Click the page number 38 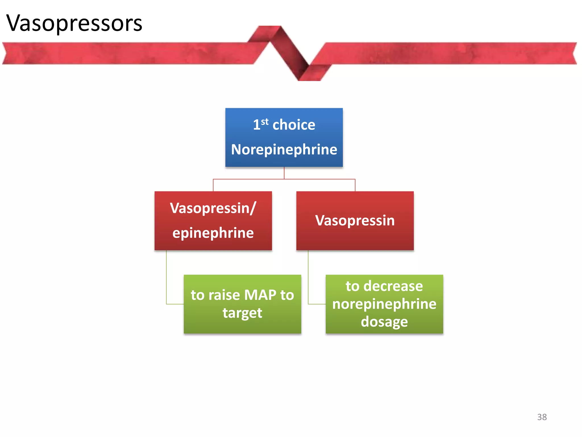pos(542,417)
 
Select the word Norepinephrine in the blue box pos(284,150)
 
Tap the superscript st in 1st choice pos(265,121)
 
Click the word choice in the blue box pos(294,125)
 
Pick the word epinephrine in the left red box pos(213,233)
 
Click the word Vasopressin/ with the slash pos(213,208)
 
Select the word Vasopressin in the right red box pos(355,220)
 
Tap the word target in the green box pos(242,313)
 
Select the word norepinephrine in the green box pos(384,304)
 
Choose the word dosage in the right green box pos(384,322)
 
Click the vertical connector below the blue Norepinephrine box pos(284,173)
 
